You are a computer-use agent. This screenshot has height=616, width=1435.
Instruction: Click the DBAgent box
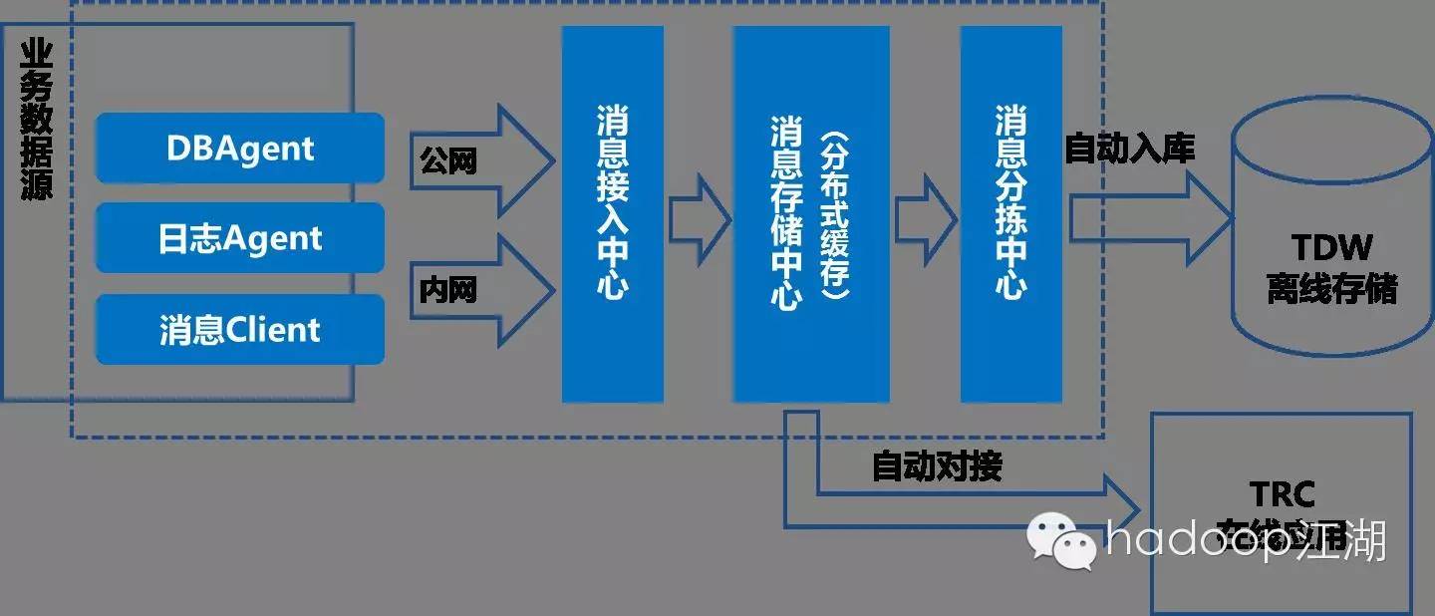[239, 148]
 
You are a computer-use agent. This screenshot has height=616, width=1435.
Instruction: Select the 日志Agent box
[239, 238]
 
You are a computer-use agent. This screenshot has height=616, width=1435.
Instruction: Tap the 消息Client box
[239, 329]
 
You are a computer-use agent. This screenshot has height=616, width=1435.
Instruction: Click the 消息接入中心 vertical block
[612, 214]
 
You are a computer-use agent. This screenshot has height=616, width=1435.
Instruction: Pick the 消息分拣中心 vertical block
[1010, 214]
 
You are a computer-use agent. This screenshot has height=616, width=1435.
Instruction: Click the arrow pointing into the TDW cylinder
[1146, 216]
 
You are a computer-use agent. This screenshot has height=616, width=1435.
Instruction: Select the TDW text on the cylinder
[1331, 247]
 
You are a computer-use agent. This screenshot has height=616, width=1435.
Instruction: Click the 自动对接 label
[937, 465]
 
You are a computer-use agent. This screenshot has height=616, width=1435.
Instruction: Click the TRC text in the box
[1283, 493]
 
